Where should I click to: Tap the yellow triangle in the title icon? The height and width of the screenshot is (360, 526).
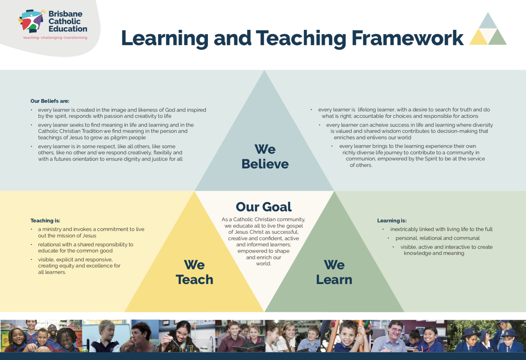[x=478, y=38]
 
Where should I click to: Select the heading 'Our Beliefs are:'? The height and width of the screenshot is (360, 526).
[x=50, y=101]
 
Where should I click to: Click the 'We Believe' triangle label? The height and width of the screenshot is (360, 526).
[x=265, y=157]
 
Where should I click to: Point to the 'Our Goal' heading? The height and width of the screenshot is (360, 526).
[x=264, y=207]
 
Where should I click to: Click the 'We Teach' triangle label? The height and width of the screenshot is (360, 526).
[x=194, y=272]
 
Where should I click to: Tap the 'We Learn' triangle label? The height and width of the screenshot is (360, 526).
[x=334, y=272]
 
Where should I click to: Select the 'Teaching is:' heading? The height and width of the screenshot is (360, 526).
[x=45, y=220]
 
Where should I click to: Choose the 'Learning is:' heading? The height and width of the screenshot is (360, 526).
[x=392, y=220]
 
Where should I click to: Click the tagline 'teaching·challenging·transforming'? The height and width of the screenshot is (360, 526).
[x=55, y=38]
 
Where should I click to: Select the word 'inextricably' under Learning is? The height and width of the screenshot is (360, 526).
[x=404, y=229]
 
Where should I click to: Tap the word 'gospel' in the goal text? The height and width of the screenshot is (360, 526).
[x=295, y=226]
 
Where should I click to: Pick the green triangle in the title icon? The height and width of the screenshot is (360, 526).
[x=497, y=38]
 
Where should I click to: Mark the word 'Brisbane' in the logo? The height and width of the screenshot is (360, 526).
[x=65, y=14]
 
